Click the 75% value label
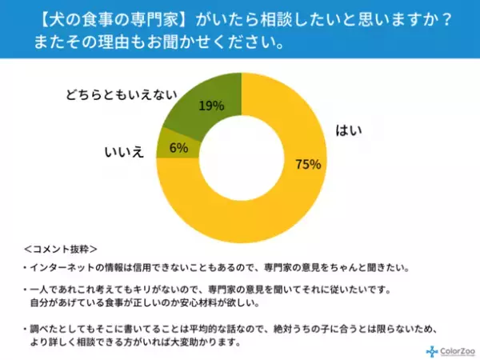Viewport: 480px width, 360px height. coord(308,165)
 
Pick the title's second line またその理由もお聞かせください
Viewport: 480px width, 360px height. coord(160,42)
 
